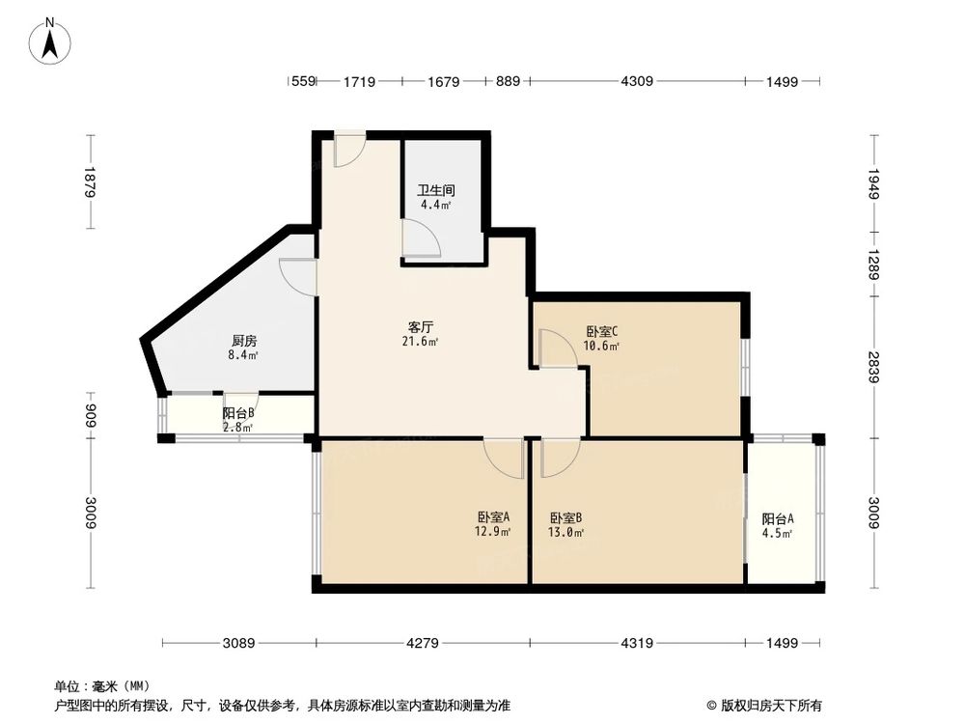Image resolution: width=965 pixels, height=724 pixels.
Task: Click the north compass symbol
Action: (x=52, y=42)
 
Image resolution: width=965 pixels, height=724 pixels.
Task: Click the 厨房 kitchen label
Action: (x=243, y=341)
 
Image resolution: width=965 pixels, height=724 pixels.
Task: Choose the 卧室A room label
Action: (x=493, y=516)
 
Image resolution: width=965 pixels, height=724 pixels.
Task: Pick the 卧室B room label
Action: (x=565, y=516)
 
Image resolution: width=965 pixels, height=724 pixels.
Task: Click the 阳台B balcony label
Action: (x=237, y=413)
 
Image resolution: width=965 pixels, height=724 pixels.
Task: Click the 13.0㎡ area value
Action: (x=565, y=531)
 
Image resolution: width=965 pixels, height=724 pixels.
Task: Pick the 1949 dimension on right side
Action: (x=873, y=182)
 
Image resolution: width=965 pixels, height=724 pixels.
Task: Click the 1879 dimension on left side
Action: (x=90, y=182)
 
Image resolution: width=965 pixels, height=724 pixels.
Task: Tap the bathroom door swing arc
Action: (x=422, y=237)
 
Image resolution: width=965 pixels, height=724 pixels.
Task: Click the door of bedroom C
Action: (x=556, y=348)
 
